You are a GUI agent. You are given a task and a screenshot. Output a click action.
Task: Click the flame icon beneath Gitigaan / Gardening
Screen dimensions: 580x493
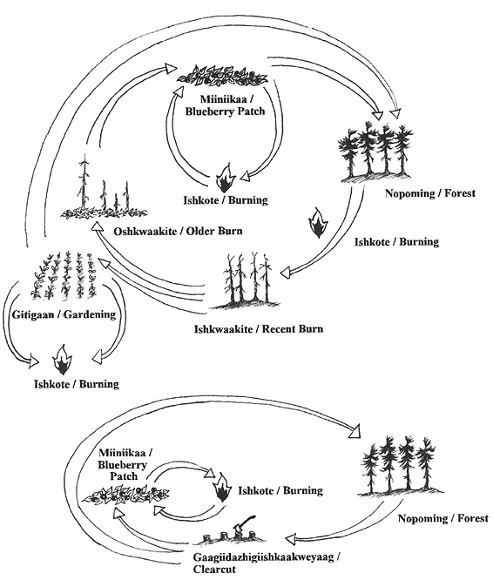pyautogui.click(x=63, y=358)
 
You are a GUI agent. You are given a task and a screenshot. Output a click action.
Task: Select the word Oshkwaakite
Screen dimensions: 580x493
pyautogui.click(x=144, y=233)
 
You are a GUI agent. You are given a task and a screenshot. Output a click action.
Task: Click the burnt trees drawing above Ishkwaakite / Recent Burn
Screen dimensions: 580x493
pyautogui.click(x=247, y=281)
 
